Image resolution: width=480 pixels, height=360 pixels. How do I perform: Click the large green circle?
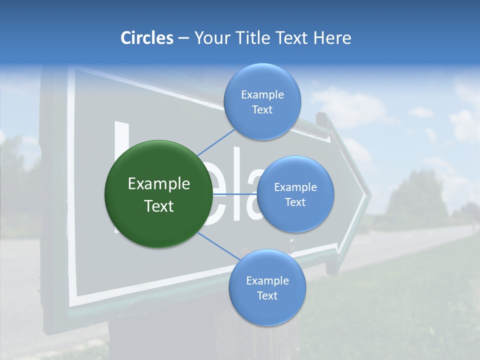(159, 194)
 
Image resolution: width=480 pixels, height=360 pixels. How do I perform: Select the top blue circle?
(262, 101)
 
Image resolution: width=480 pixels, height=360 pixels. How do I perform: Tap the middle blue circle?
(295, 194)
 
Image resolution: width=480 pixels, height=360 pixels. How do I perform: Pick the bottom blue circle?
(267, 287)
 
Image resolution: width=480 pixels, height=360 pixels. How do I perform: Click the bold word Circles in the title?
(146, 38)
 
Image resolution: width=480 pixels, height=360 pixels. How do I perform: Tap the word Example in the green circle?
(159, 184)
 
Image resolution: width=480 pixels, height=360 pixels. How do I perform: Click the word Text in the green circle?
(159, 206)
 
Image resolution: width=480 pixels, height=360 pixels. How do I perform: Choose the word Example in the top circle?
(262, 95)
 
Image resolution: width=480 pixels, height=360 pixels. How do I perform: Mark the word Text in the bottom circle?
(267, 295)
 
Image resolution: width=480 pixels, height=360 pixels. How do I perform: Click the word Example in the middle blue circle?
(295, 187)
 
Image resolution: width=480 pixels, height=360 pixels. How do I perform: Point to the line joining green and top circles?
(215, 141)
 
